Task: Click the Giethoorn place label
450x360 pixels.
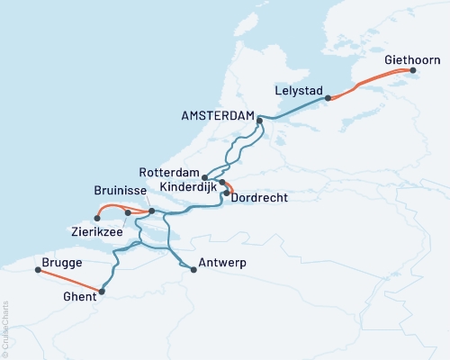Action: [x=412, y=59]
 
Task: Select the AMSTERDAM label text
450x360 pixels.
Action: [x=217, y=116]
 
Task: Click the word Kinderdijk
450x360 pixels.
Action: [x=187, y=186]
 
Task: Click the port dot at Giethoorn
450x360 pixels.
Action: [x=413, y=70]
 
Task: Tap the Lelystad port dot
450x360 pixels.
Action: [x=328, y=98]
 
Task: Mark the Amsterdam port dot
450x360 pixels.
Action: [x=259, y=120]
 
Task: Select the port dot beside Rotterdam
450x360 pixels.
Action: [x=205, y=177]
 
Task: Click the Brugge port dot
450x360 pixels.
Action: [x=36, y=268]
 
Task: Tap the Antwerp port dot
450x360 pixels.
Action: [x=193, y=269]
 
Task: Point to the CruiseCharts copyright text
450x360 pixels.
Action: [x=5, y=328]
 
